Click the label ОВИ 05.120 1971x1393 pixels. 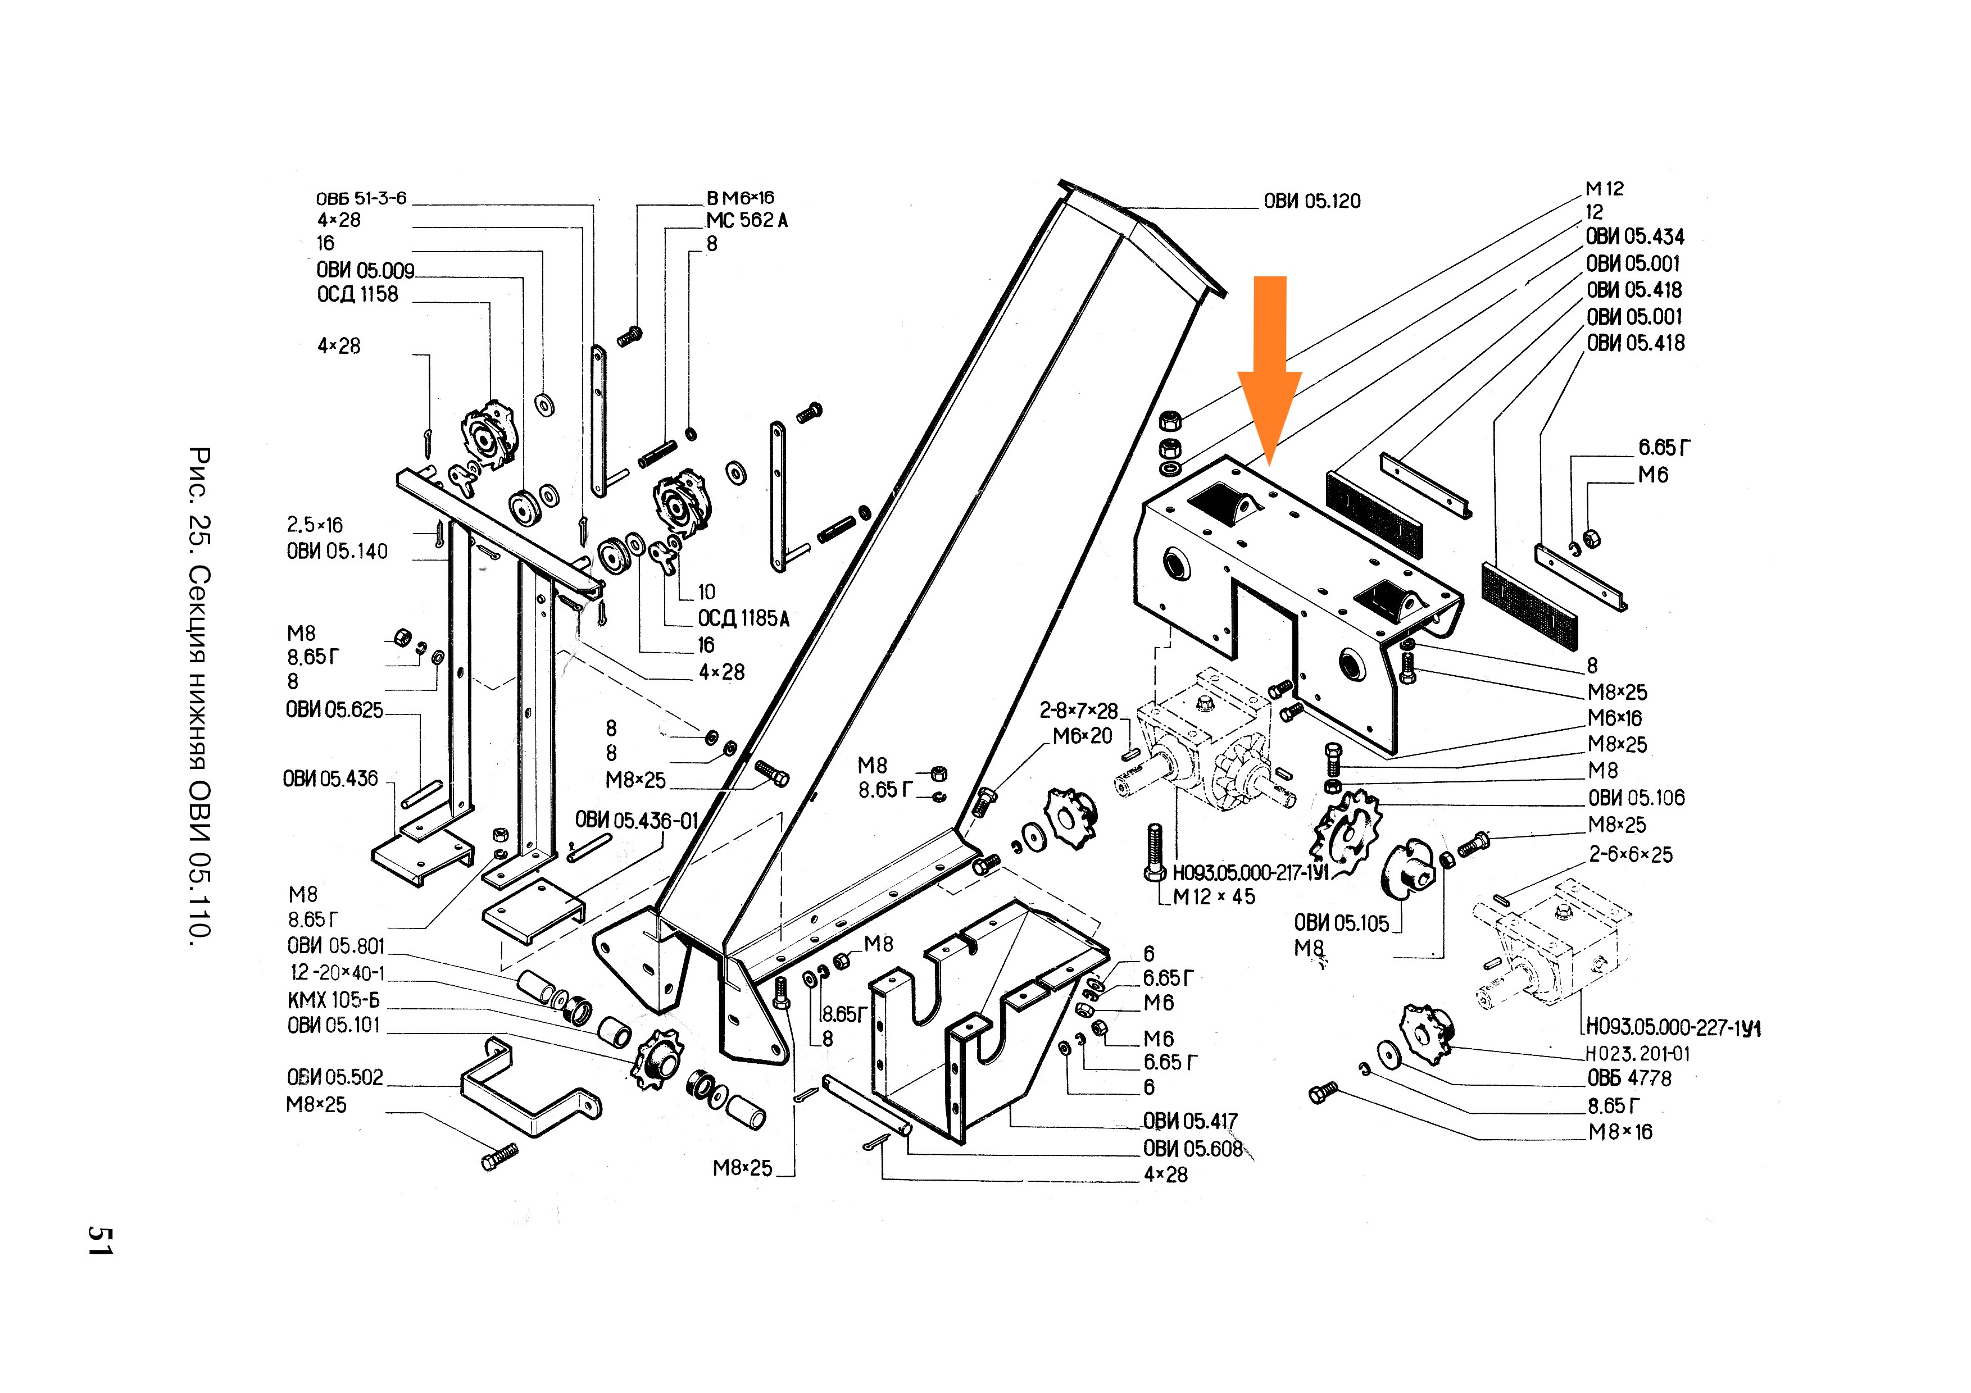tap(1312, 202)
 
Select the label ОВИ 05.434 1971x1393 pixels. tap(1634, 237)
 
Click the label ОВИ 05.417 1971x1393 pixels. tap(1191, 1121)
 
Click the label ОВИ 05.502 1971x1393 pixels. tap(335, 1077)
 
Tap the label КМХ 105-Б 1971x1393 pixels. tap(333, 1000)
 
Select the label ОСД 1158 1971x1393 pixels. tap(357, 294)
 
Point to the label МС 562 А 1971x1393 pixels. tap(747, 221)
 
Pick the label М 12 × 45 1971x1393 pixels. tap(1214, 897)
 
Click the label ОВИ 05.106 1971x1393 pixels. tap(1636, 798)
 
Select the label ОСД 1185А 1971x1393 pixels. tap(743, 619)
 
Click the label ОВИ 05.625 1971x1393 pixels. tap(335, 711)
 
